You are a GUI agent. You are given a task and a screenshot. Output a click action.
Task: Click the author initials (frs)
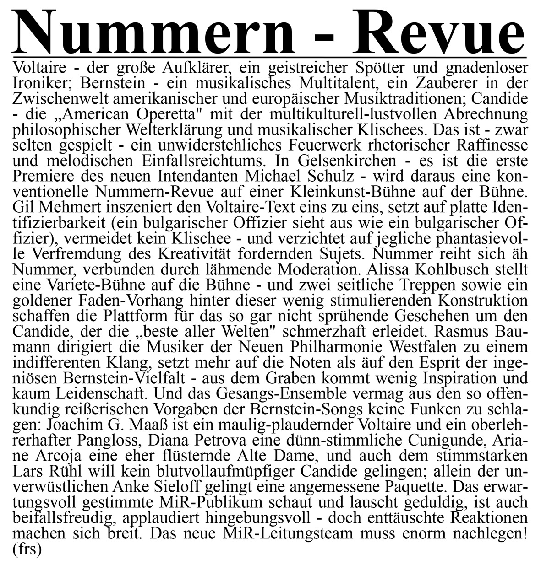click(27, 548)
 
